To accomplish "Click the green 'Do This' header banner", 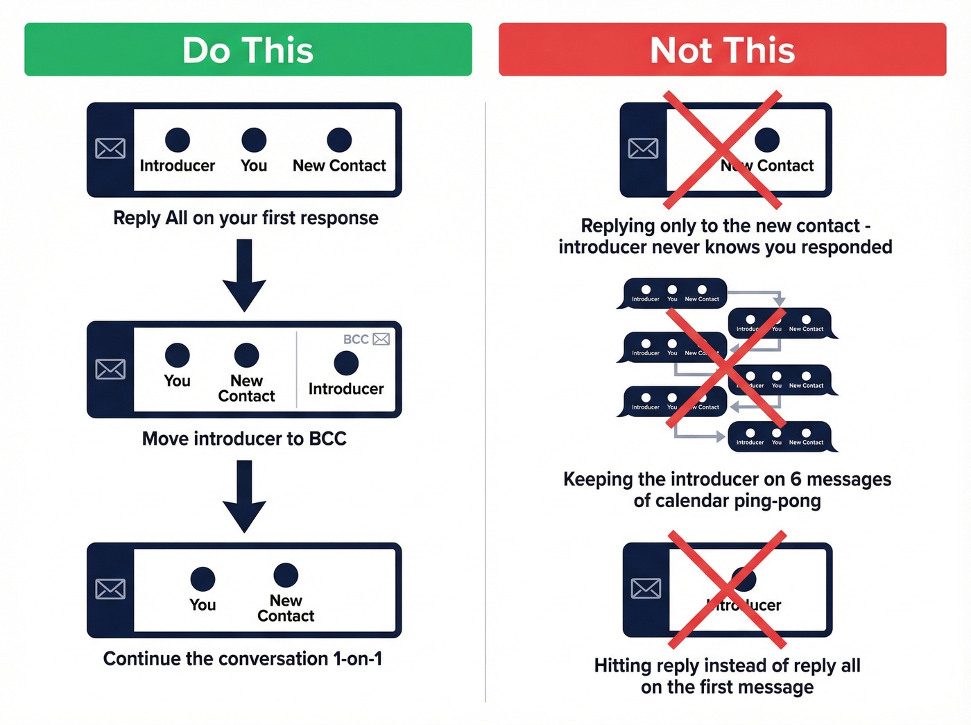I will pos(248,50).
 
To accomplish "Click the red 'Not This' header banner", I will pos(722,50).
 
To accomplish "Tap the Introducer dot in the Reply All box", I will pos(178,140).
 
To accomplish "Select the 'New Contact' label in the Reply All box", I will pos(339,166).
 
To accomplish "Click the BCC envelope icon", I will pos(381,339).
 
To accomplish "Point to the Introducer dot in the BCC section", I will pos(346,363).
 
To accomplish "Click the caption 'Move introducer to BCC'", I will pos(244,438).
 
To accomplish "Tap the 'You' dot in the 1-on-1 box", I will pos(203,579).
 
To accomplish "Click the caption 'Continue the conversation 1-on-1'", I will pos(243,658).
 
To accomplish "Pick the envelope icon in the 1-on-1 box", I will pos(110,589).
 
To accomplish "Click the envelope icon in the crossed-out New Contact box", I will pos(643,148).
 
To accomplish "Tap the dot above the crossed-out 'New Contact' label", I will pos(767,140).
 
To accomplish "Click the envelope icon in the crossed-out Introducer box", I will pos(646,588).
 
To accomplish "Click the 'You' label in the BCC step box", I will pos(178,381).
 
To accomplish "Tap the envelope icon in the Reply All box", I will pos(110,148).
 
